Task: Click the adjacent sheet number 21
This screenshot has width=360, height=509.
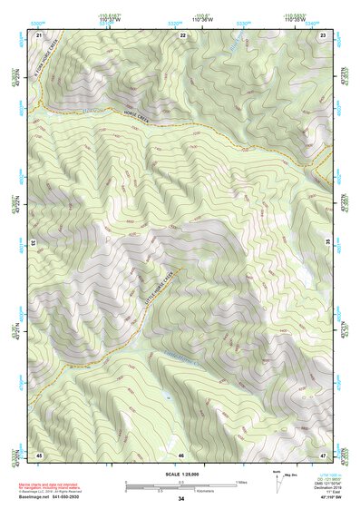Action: click(39, 34)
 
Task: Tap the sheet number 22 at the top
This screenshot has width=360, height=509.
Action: click(182, 34)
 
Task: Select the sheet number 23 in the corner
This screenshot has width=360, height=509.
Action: click(324, 34)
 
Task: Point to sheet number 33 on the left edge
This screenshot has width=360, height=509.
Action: click(34, 243)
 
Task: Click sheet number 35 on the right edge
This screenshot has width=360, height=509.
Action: click(328, 243)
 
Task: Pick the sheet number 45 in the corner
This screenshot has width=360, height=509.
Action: click(39, 454)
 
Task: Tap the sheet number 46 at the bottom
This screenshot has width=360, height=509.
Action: click(181, 455)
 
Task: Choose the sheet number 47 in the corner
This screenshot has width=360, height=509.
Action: click(324, 454)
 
